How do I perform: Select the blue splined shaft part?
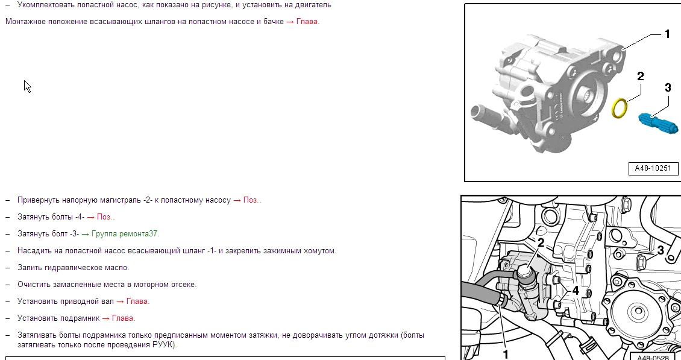[658, 123]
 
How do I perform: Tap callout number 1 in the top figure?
[668, 34]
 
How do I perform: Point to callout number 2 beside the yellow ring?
[640, 76]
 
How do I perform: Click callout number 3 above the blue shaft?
[668, 88]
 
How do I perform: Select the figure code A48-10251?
[653, 168]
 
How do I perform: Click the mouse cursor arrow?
[27, 86]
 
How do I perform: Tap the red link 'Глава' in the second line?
[307, 21]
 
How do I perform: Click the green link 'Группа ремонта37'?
[125, 234]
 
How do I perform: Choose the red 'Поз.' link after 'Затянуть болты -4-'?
[105, 217]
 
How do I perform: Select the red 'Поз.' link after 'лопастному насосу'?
[251, 200]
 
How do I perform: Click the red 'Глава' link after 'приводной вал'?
[137, 302]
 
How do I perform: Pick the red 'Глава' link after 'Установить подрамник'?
[123, 318]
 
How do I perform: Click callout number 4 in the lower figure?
[576, 291]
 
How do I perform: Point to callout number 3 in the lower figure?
[661, 250]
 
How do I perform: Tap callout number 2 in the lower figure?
[541, 243]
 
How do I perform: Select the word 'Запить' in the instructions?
[30, 268]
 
